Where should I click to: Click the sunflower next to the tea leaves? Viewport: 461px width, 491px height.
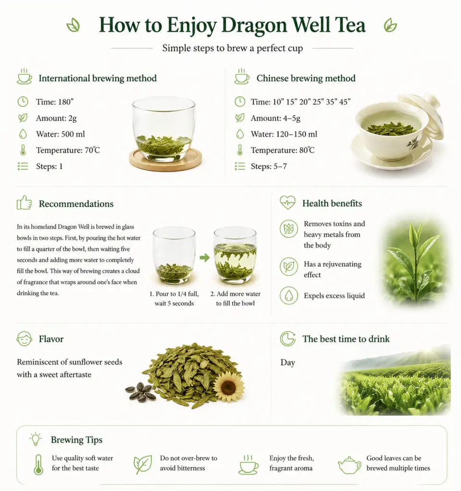(x=228, y=387)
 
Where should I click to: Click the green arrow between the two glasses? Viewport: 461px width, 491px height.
(x=204, y=257)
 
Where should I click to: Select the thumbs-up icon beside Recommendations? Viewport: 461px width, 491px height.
(x=24, y=203)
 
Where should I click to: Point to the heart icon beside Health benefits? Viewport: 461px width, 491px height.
(x=287, y=203)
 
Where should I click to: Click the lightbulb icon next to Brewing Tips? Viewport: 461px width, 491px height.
(x=35, y=439)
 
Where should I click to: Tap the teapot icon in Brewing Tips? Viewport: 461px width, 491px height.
(x=349, y=465)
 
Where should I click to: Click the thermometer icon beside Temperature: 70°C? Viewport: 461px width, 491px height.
(x=23, y=150)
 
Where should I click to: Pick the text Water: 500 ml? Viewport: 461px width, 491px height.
(x=60, y=134)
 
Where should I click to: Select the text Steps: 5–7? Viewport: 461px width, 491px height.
(x=269, y=166)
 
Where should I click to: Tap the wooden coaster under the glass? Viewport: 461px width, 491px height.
(x=165, y=160)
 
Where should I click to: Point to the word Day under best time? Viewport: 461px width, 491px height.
(x=287, y=362)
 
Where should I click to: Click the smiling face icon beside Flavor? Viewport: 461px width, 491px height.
(x=24, y=339)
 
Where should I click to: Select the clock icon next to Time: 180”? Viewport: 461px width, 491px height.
(x=23, y=102)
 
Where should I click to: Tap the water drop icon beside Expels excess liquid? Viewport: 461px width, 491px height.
(x=289, y=295)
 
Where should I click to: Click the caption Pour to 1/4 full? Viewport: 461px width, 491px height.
(x=174, y=294)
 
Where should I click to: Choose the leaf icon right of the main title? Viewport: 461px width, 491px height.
(x=390, y=25)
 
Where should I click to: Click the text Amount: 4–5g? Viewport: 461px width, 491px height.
(x=276, y=118)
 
